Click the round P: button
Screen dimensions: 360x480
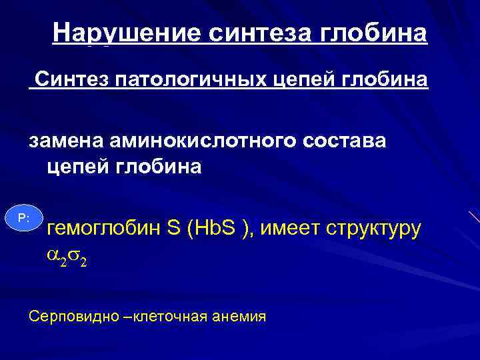tap(24, 218)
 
